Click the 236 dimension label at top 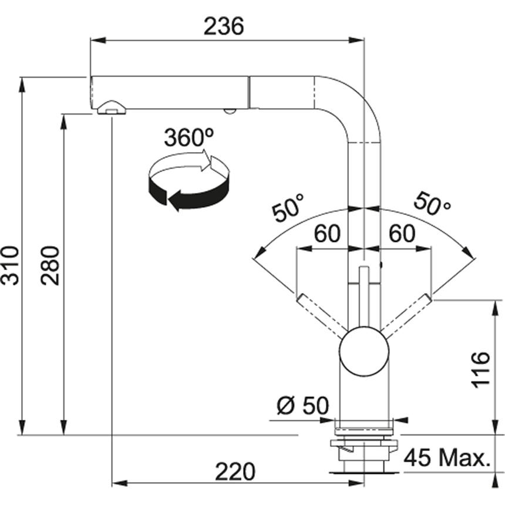(223, 26)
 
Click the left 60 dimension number (326, 234)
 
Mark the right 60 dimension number (402, 234)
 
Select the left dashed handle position (320, 314)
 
